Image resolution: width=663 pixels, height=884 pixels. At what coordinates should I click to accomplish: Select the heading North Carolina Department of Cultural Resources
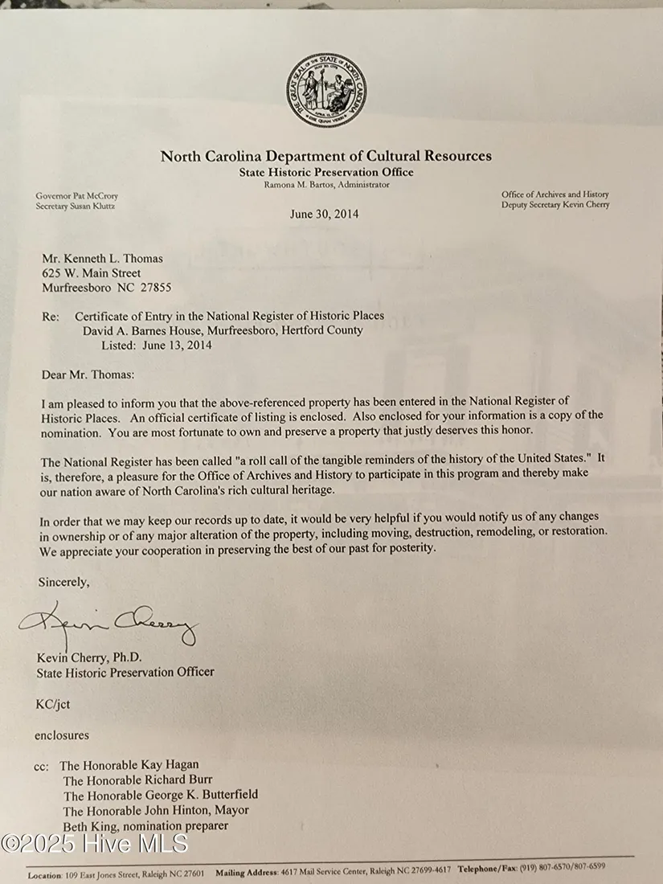325,156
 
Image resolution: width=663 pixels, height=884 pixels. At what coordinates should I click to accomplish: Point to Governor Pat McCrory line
76,195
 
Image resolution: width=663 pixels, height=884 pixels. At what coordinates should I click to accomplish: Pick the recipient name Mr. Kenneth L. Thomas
102,259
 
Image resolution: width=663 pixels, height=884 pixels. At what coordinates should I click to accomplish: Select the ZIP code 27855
154,288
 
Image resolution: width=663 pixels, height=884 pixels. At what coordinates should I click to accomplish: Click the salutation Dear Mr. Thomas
88,374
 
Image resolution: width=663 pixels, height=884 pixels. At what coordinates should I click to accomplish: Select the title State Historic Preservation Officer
125,672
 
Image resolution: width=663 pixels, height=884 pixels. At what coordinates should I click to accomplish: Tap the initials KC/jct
53,704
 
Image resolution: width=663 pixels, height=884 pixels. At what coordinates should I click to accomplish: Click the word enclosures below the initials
62,735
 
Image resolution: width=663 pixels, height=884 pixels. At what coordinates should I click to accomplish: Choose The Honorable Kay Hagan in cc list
129,764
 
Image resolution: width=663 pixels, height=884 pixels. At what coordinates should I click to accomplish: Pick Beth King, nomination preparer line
145,825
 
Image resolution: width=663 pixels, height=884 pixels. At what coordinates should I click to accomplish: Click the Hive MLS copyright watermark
95,843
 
